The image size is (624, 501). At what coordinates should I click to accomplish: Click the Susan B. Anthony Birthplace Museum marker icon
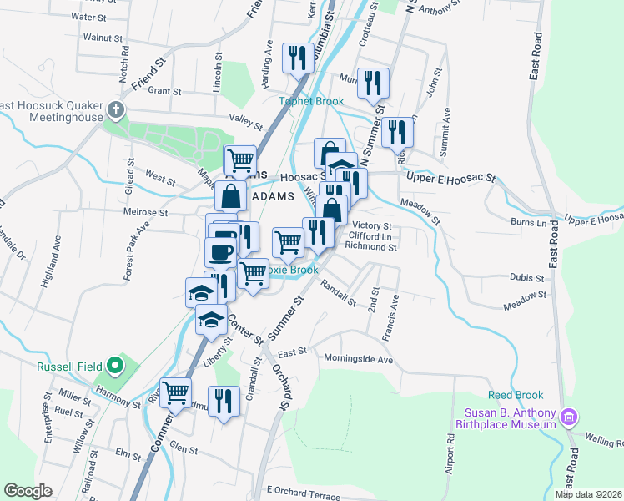(x=570, y=416)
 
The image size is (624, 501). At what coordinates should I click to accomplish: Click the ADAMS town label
(x=272, y=197)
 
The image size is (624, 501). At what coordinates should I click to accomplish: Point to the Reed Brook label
(x=516, y=395)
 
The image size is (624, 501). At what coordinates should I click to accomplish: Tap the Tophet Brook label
(x=310, y=101)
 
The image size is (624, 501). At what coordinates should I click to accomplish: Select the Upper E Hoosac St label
(x=450, y=179)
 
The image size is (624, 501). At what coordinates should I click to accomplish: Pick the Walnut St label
(x=103, y=38)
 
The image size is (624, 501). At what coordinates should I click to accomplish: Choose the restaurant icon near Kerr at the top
(x=295, y=57)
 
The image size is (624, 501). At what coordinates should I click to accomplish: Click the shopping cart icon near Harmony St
(x=175, y=392)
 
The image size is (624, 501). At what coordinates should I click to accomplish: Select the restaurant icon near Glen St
(x=223, y=402)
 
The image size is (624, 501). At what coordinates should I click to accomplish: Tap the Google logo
(x=28, y=491)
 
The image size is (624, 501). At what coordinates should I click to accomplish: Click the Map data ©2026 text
(x=588, y=494)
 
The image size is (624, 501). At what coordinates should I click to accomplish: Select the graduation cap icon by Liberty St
(x=211, y=319)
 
